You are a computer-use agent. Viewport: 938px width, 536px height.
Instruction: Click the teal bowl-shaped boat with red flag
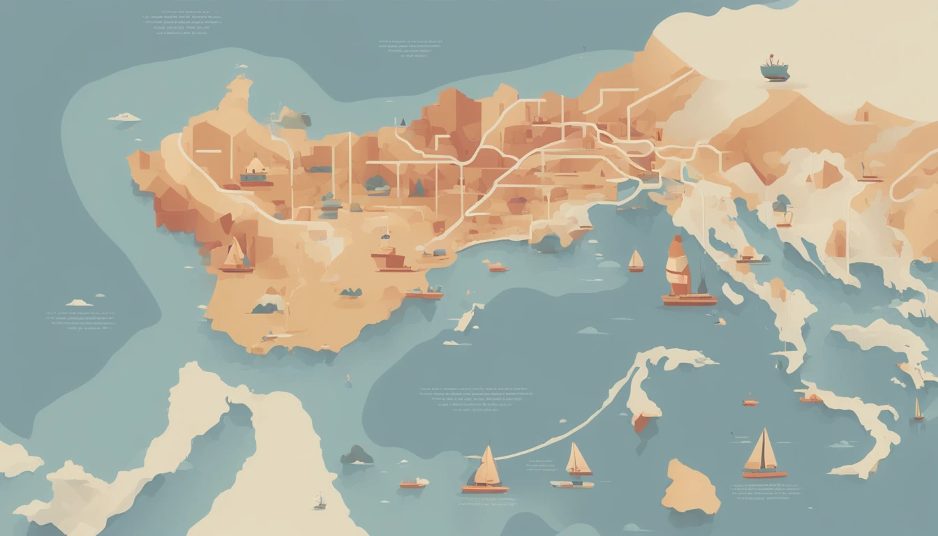(774, 68)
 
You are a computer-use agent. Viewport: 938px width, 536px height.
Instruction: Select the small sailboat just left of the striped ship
(636, 261)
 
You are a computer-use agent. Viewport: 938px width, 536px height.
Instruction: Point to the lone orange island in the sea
(690, 486)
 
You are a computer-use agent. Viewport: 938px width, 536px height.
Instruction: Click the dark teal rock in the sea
(357, 455)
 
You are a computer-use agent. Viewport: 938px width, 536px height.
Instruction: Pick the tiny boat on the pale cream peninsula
(320, 501)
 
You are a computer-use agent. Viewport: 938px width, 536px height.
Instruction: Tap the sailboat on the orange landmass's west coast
(235, 255)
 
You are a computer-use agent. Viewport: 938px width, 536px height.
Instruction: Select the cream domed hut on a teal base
(256, 170)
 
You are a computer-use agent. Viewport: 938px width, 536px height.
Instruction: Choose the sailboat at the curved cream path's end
(486, 470)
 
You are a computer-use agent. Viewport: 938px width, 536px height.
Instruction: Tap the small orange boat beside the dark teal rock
(414, 482)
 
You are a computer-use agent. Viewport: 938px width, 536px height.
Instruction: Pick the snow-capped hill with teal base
(269, 304)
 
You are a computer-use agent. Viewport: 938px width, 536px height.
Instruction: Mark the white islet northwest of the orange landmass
(124, 117)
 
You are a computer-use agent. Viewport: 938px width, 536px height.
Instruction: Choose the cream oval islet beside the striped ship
(732, 293)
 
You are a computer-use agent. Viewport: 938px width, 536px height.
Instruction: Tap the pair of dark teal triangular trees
(416, 188)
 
